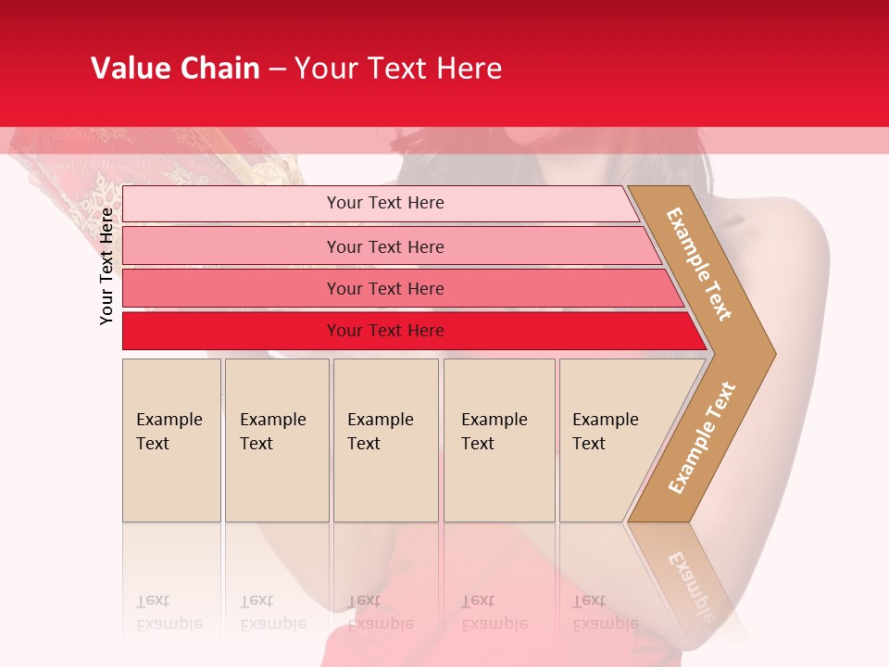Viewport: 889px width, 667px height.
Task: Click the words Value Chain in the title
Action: click(175, 69)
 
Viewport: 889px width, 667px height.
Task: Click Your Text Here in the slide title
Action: click(398, 69)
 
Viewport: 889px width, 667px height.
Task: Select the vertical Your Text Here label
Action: click(106, 266)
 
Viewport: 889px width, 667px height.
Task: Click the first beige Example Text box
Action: click(171, 440)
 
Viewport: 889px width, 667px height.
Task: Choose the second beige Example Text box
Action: click(277, 440)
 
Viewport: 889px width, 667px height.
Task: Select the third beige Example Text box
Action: click(385, 440)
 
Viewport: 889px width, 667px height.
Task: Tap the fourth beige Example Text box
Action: click(499, 440)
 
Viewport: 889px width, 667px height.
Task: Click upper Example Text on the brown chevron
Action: click(699, 264)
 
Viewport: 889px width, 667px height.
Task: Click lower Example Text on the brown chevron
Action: click(702, 437)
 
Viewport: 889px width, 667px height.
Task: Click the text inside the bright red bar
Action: click(385, 331)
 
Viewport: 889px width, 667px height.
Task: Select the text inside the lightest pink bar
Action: click(385, 203)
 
